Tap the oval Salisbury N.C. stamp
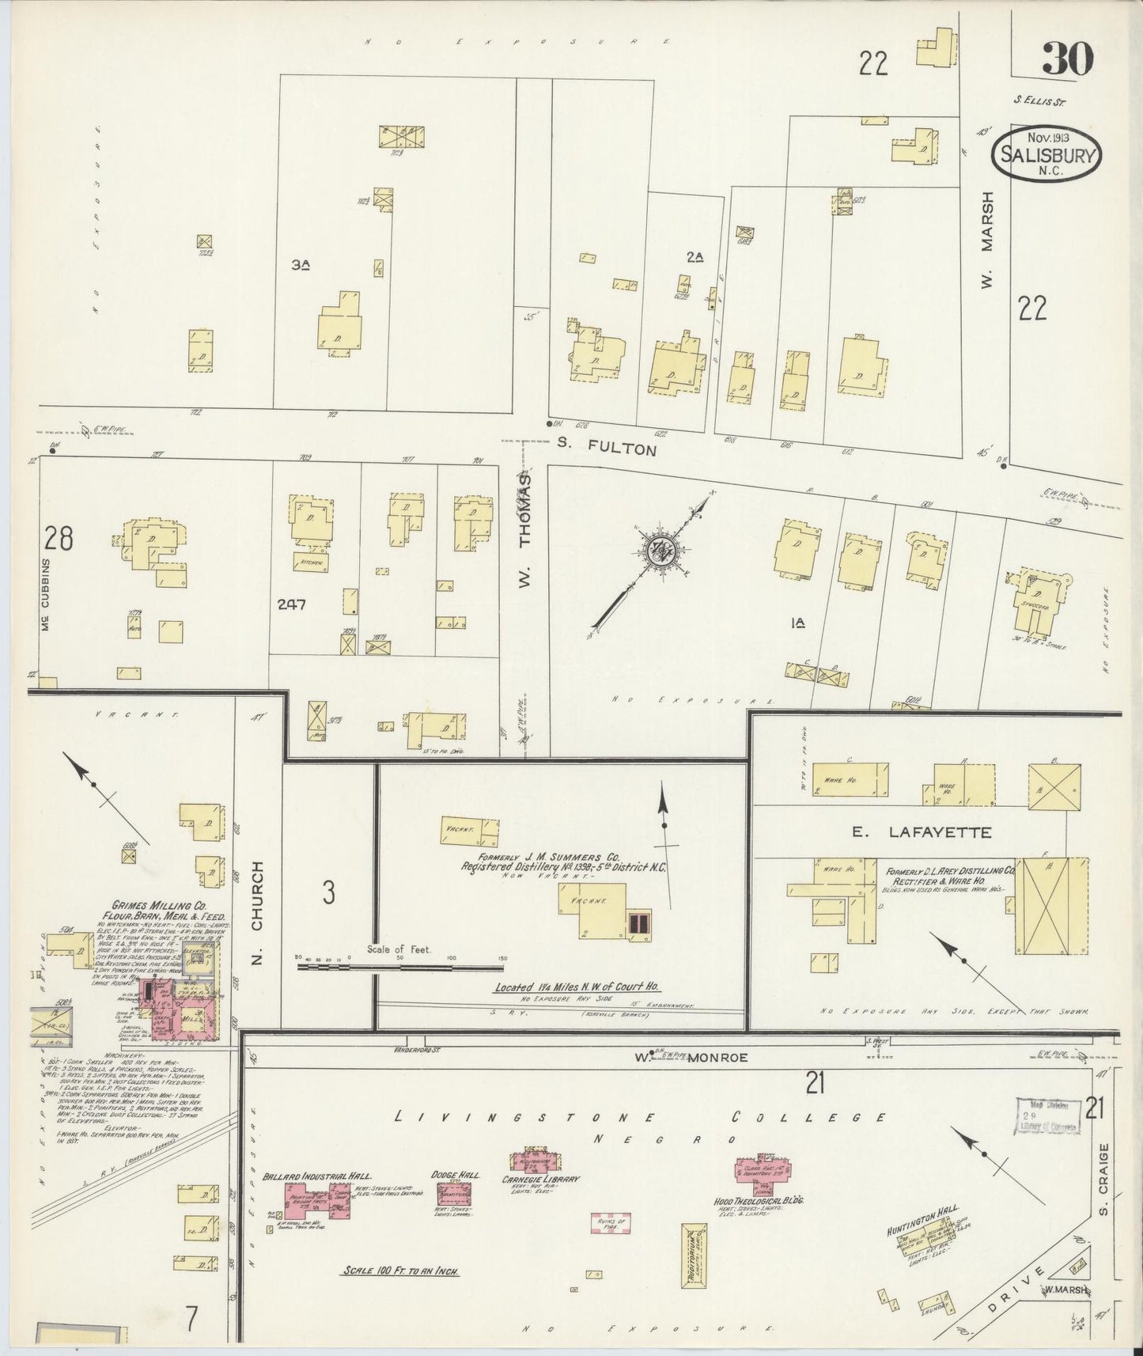1045,153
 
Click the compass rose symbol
658,551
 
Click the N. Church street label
257,913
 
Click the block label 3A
300,267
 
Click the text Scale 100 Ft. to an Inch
401,1271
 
